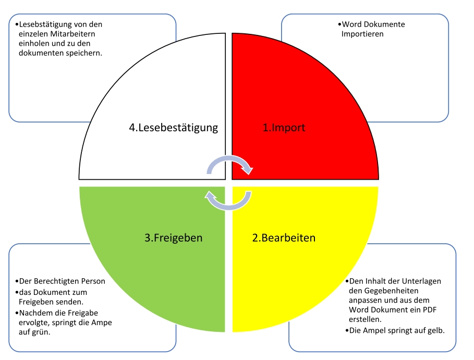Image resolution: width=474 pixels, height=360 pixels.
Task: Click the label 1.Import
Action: click(x=284, y=128)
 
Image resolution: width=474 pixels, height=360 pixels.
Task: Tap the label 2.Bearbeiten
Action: click(x=284, y=238)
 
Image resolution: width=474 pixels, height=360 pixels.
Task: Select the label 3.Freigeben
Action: click(x=173, y=238)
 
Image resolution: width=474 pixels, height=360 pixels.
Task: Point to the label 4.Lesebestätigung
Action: click(x=173, y=128)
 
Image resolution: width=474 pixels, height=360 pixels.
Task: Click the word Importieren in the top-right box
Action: click(x=362, y=34)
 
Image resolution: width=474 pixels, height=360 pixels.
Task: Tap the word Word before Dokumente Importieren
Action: click(x=352, y=24)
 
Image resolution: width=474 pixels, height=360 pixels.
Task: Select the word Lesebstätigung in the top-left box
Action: click(x=45, y=24)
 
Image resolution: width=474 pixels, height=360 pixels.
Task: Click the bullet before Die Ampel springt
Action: click(x=347, y=331)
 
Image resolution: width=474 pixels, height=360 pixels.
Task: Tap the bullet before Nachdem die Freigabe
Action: click(x=17, y=313)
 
